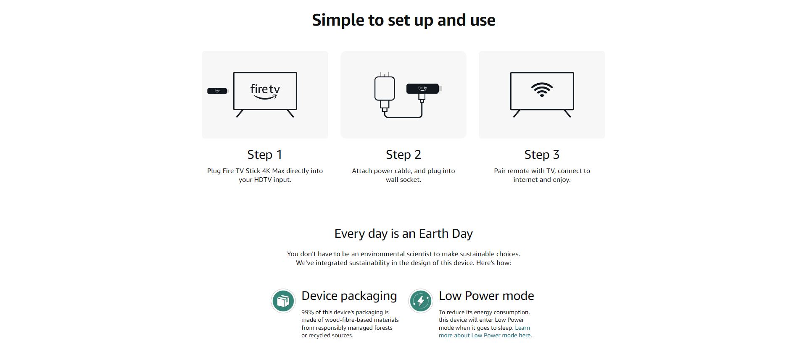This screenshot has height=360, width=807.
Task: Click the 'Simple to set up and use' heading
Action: pos(403,20)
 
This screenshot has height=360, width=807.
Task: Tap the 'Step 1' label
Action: pos(265,155)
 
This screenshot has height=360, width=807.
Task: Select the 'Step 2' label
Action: pos(403,155)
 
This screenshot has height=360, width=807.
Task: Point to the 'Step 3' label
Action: pos(542,155)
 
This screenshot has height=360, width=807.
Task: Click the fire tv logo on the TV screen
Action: pos(265,91)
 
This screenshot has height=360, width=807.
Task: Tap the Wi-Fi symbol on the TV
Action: pos(542,89)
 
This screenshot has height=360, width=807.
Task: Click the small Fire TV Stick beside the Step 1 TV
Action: pos(218,91)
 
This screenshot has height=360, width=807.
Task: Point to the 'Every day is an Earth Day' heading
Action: pos(403,234)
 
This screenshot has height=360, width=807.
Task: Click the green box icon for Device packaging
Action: pos(283,301)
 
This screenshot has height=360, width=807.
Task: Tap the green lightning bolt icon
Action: pos(421,301)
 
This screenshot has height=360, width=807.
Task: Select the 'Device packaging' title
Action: pos(349,296)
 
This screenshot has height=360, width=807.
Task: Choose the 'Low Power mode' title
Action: pos(486,296)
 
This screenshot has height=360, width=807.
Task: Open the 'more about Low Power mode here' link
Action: pos(485,335)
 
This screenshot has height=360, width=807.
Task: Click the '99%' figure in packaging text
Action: pos(308,312)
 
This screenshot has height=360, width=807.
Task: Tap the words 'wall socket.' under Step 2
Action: pos(403,180)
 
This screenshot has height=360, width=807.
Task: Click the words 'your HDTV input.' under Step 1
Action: pos(265,180)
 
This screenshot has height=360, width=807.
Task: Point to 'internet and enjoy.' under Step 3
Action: pos(542,180)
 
